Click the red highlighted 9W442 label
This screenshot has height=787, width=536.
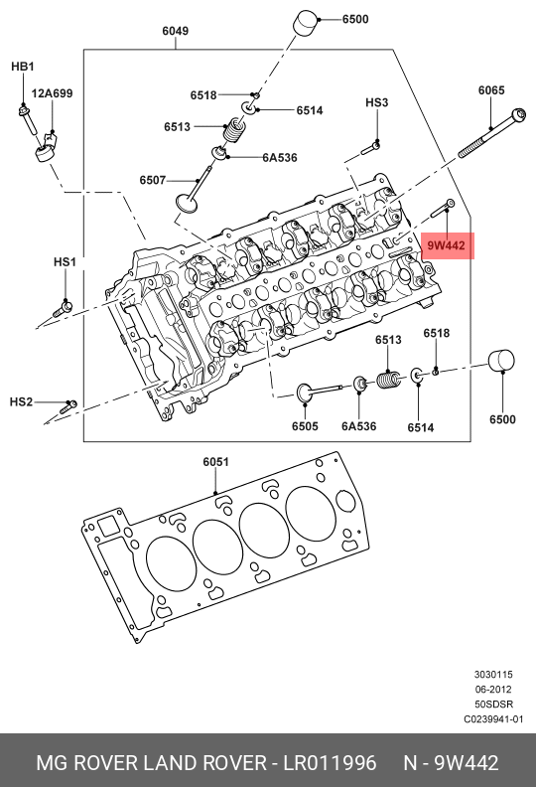point(446,244)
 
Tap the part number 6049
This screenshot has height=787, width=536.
point(175,31)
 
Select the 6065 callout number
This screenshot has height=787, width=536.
point(491,90)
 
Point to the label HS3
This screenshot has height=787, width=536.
point(376,102)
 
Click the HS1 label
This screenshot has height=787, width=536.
point(65,261)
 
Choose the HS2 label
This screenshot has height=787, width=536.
point(21,401)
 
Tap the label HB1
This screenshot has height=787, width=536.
point(22,67)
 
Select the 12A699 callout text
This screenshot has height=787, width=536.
point(52,93)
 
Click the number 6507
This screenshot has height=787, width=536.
point(153,180)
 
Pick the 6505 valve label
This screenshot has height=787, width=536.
point(305,426)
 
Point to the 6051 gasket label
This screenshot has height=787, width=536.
point(215,462)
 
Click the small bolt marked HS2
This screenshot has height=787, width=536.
point(68,404)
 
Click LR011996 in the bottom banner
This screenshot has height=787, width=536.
point(330,763)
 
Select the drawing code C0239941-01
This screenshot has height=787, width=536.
point(493,719)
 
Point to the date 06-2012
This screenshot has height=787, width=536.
point(493,689)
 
